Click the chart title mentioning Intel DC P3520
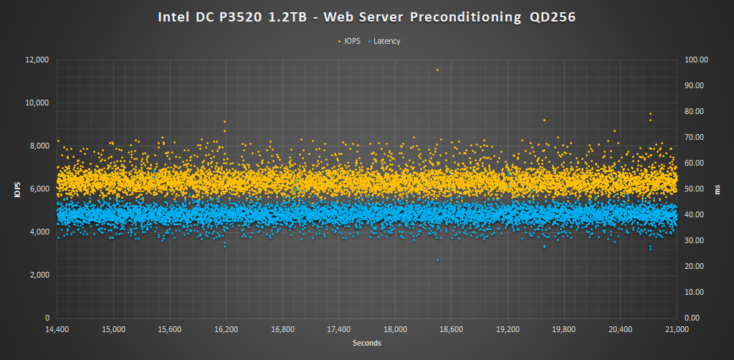click(x=366, y=16)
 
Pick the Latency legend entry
click(x=386, y=41)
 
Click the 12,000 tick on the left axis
click(x=37, y=60)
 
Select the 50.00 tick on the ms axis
click(x=696, y=189)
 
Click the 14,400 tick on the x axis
click(x=57, y=329)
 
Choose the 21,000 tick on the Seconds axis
click(x=677, y=329)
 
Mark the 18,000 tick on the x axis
click(x=395, y=329)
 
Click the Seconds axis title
click(x=366, y=343)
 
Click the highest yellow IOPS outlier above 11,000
click(x=437, y=70)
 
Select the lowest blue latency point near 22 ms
click(x=437, y=260)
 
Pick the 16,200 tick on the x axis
click(x=226, y=329)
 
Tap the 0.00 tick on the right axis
click(x=695, y=318)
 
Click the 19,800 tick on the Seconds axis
click(x=564, y=329)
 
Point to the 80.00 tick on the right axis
click(x=696, y=111)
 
